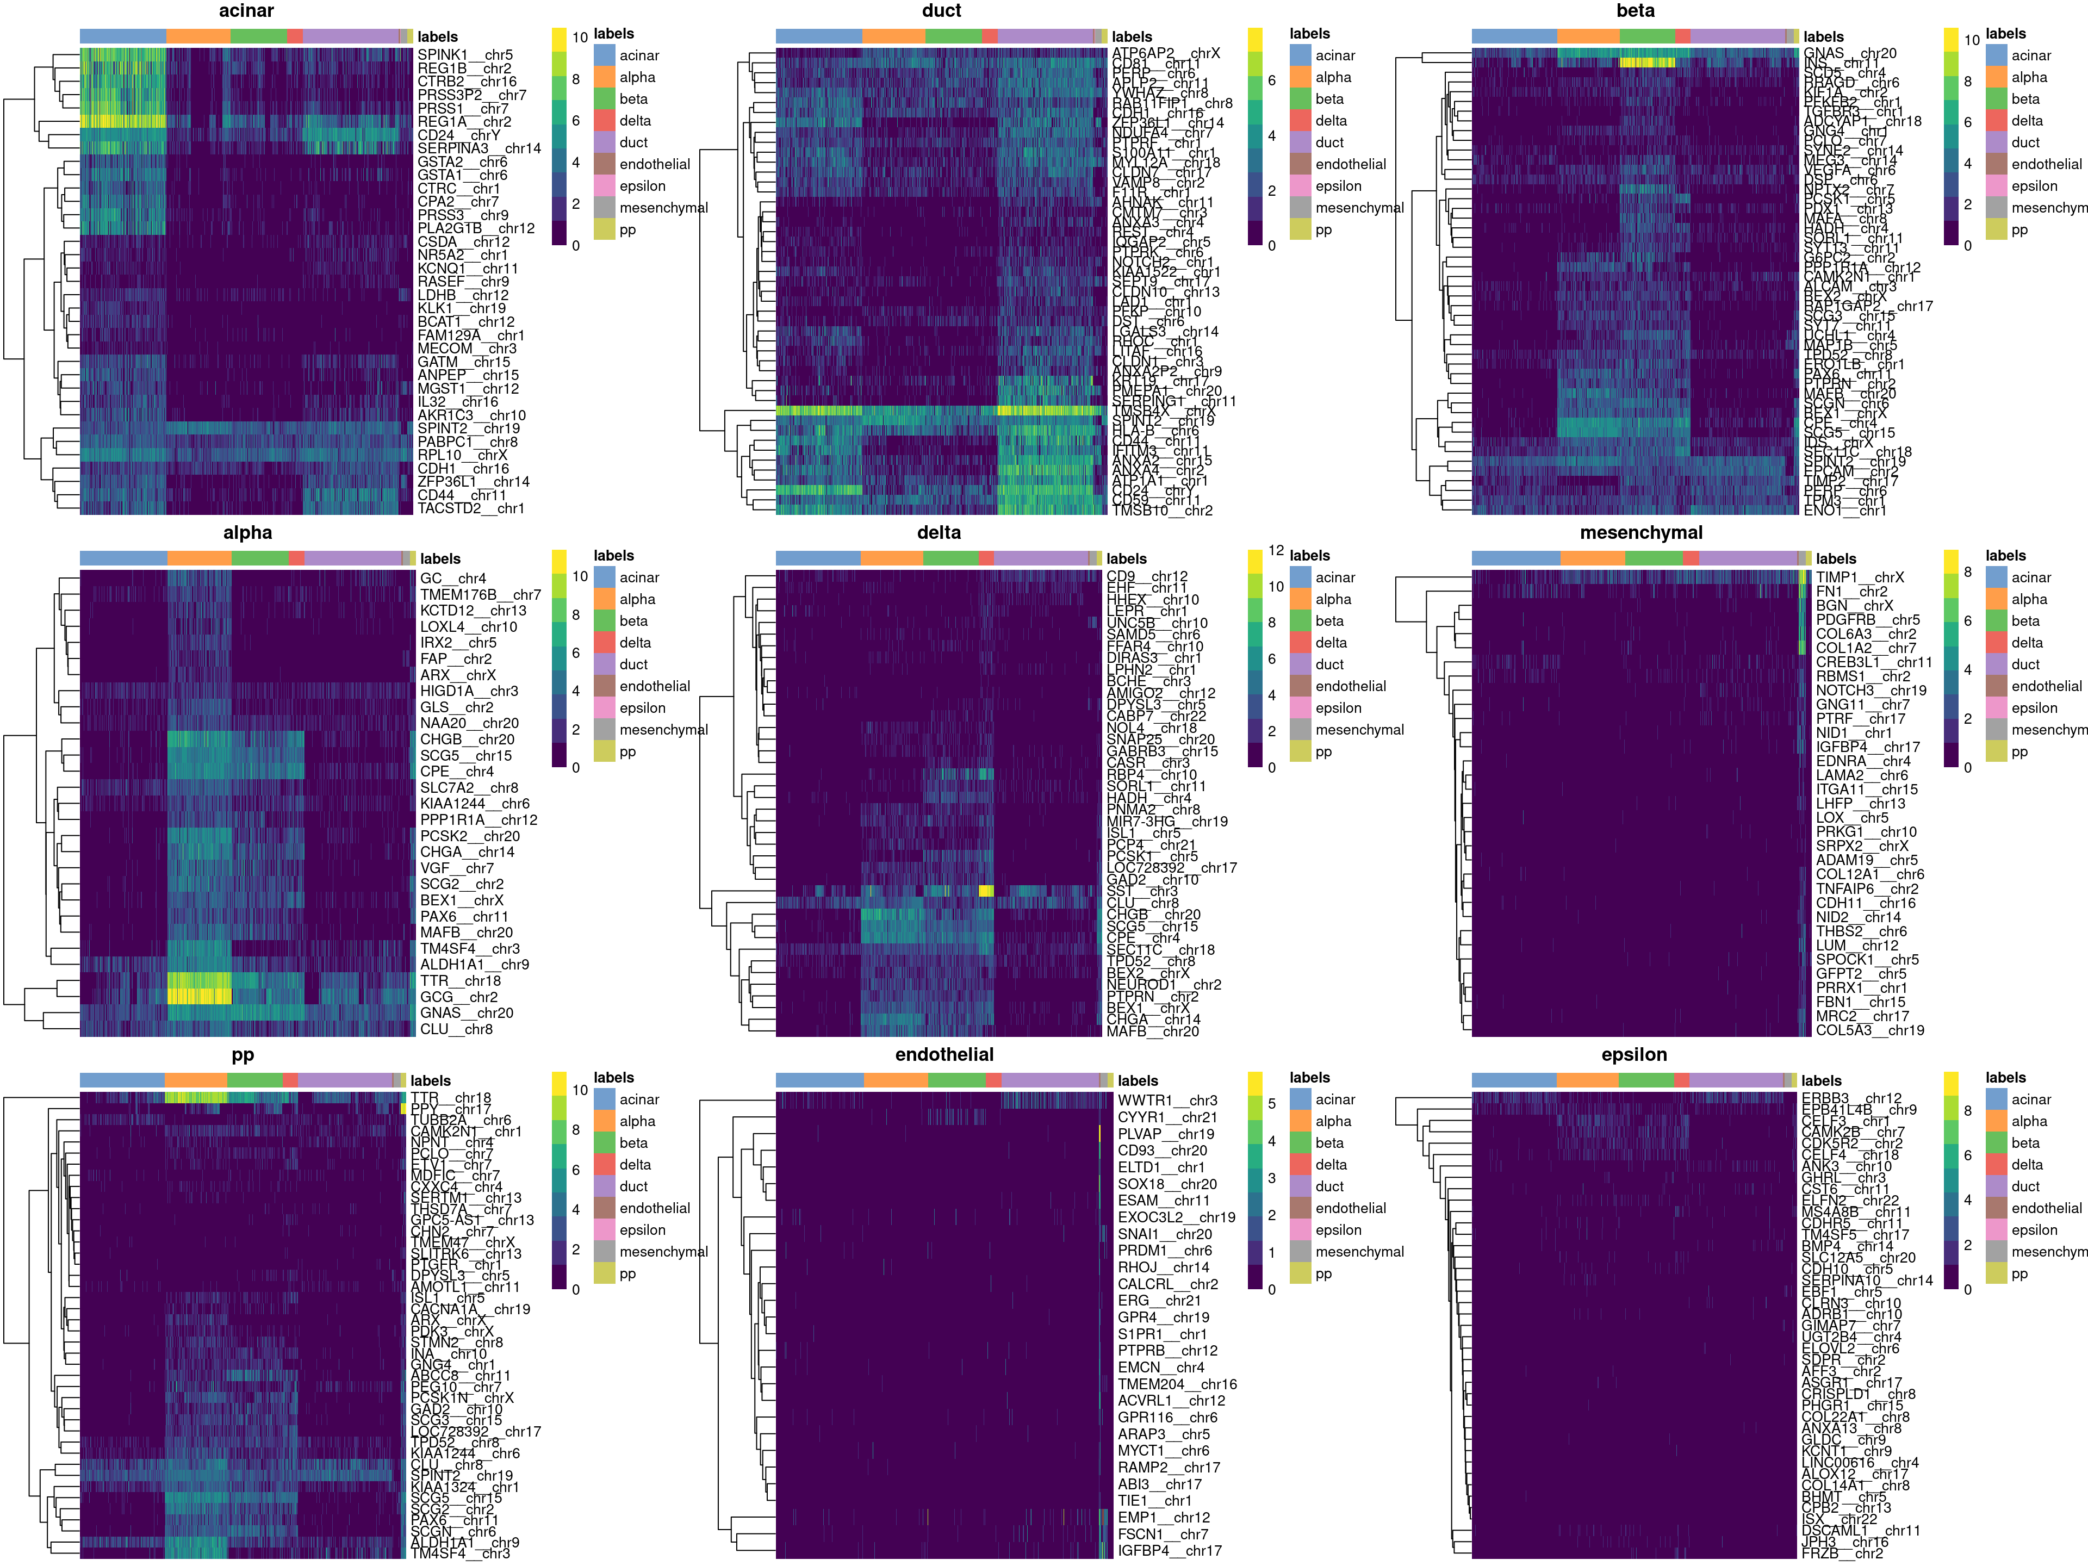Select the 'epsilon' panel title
click(x=1634, y=1055)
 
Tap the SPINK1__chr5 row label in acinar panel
click(x=464, y=55)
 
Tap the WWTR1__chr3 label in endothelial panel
click(x=1167, y=1101)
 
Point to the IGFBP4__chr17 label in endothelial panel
click(x=1169, y=1550)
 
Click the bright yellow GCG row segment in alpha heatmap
click(x=199, y=997)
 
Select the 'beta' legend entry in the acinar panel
click(x=633, y=99)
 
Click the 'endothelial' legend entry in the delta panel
click(x=1350, y=686)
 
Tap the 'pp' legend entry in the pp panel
click(x=627, y=1273)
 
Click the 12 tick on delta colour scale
click(x=1275, y=550)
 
